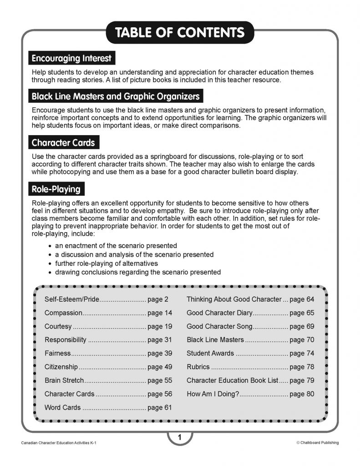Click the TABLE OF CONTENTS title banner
point(180,33)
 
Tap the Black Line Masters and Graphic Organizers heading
point(116,96)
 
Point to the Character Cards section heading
point(63,142)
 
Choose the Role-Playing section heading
point(56,189)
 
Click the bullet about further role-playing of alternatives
point(106,263)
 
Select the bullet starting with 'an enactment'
point(116,246)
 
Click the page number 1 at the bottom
point(180,438)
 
